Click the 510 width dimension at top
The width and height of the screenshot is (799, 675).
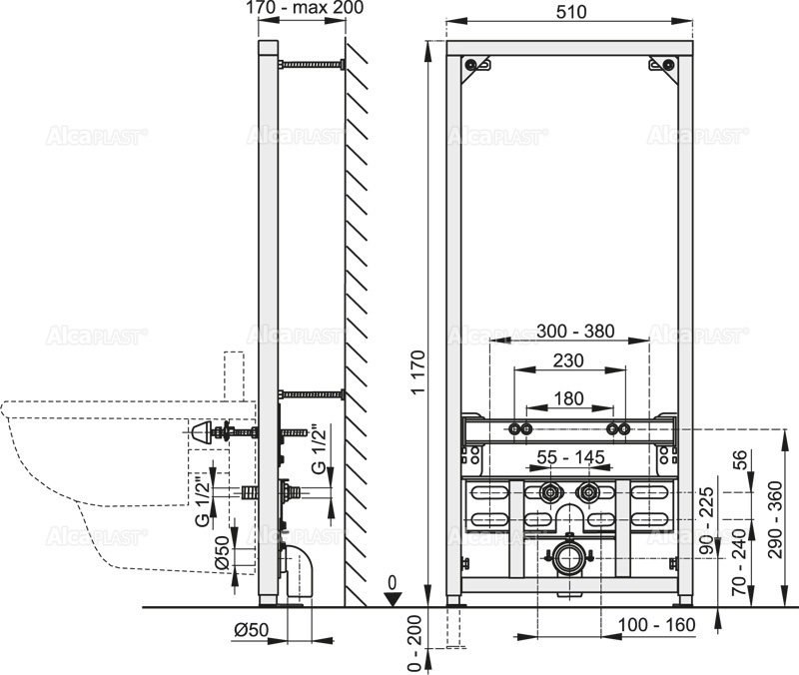click(x=571, y=10)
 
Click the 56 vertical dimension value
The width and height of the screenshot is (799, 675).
click(x=740, y=460)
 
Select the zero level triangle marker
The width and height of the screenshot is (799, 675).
click(x=396, y=597)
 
